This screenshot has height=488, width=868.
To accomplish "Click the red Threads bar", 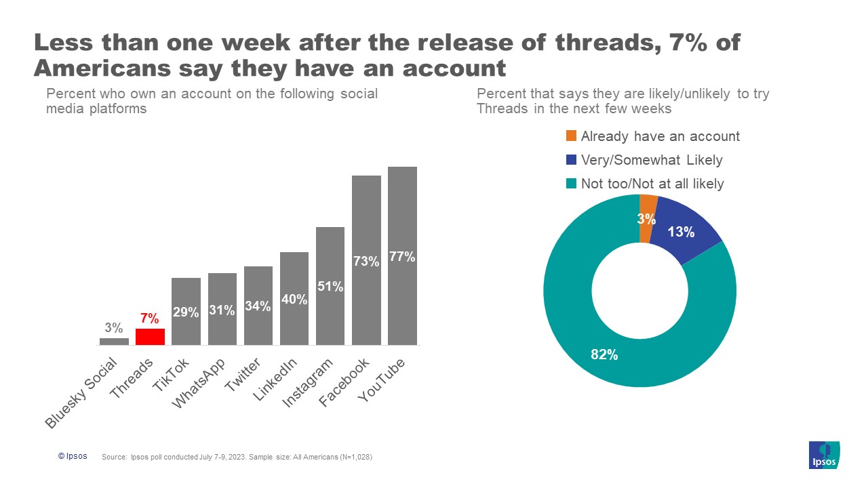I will pyautogui.click(x=150, y=337).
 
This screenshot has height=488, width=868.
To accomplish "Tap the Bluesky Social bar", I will pyautogui.click(x=114, y=342).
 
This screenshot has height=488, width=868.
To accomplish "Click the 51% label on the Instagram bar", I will pyautogui.click(x=330, y=287).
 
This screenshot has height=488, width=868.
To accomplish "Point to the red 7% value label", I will pyautogui.click(x=150, y=319).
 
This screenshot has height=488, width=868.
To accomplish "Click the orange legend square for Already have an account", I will pyautogui.click(x=570, y=136).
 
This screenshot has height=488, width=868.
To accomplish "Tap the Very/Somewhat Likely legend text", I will pyautogui.click(x=652, y=160).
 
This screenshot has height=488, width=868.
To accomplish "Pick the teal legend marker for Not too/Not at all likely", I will pyautogui.click(x=570, y=184).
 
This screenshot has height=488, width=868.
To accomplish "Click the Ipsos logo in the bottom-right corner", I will pyautogui.click(x=825, y=455).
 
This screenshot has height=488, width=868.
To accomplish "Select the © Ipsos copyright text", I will pyautogui.click(x=72, y=456).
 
